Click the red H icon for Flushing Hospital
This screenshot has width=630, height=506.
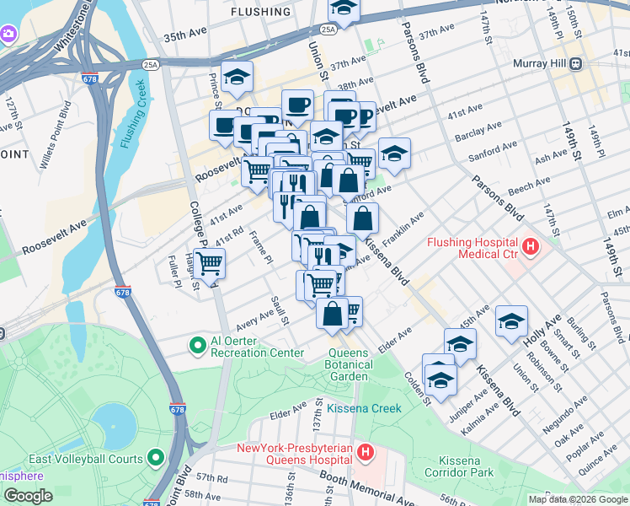pos(531,247)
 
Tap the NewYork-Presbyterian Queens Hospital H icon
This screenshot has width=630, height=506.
pos(365,454)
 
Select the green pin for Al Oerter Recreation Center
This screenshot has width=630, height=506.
pos(198,346)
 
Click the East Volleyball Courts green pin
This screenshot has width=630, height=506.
pos(156,458)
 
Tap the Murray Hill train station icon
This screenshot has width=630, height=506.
pos(577,63)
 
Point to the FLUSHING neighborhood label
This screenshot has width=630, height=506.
pos(260,12)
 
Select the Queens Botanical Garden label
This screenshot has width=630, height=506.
pos(349,364)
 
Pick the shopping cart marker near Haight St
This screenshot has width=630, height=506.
pos(209,264)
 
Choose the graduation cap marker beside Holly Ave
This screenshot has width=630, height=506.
pos(511,321)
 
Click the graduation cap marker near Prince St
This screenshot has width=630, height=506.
pos(237,77)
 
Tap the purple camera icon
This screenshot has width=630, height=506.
pos(8,35)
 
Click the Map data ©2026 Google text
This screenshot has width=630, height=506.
pos(578,499)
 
